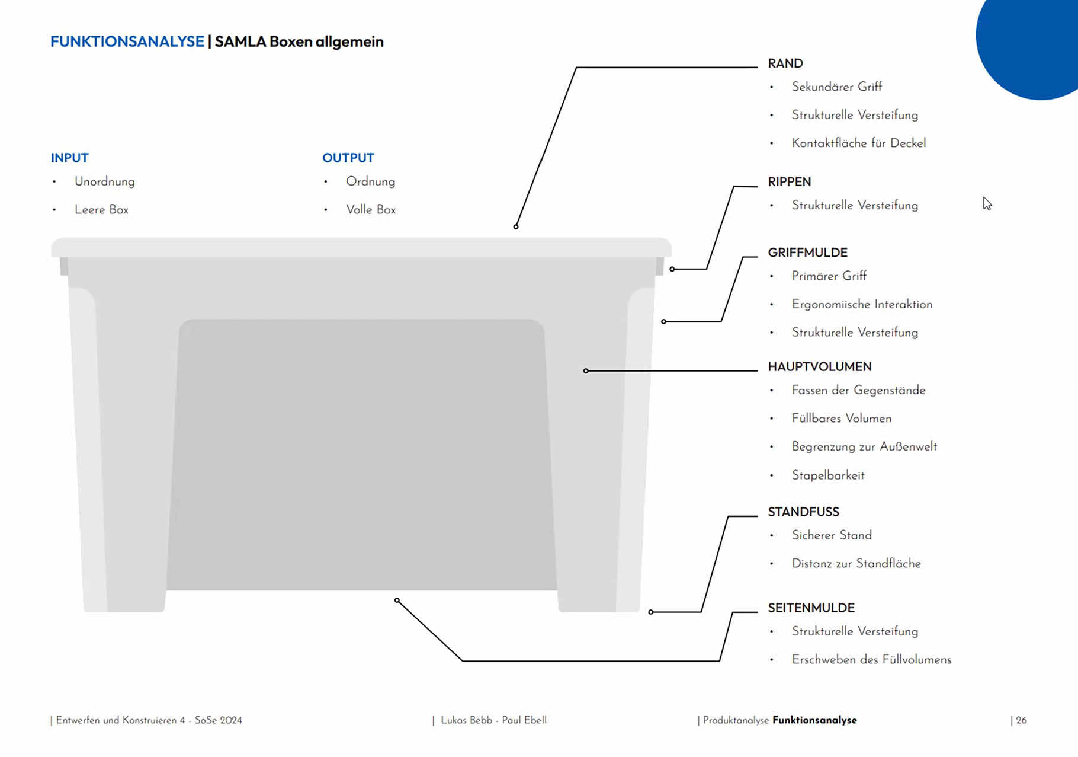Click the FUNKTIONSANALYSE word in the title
[127, 41]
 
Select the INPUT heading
[70, 158]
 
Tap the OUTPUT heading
[348, 158]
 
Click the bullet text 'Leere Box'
[101, 210]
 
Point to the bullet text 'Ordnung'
[371, 182]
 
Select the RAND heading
[785, 63]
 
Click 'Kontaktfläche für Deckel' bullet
[859, 143]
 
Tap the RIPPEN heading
[790, 182]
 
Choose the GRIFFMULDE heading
[808, 253]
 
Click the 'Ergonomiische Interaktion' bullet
[862, 304]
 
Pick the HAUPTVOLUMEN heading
[820, 367]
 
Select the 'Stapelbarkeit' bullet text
[828, 475]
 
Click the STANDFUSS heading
[804, 512]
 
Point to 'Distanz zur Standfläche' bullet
[856, 564]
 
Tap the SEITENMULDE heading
[811, 608]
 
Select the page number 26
[1021, 720]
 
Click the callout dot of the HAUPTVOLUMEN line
[586, 371]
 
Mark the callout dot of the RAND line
[516, 226]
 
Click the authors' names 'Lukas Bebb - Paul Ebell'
[493, 720]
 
